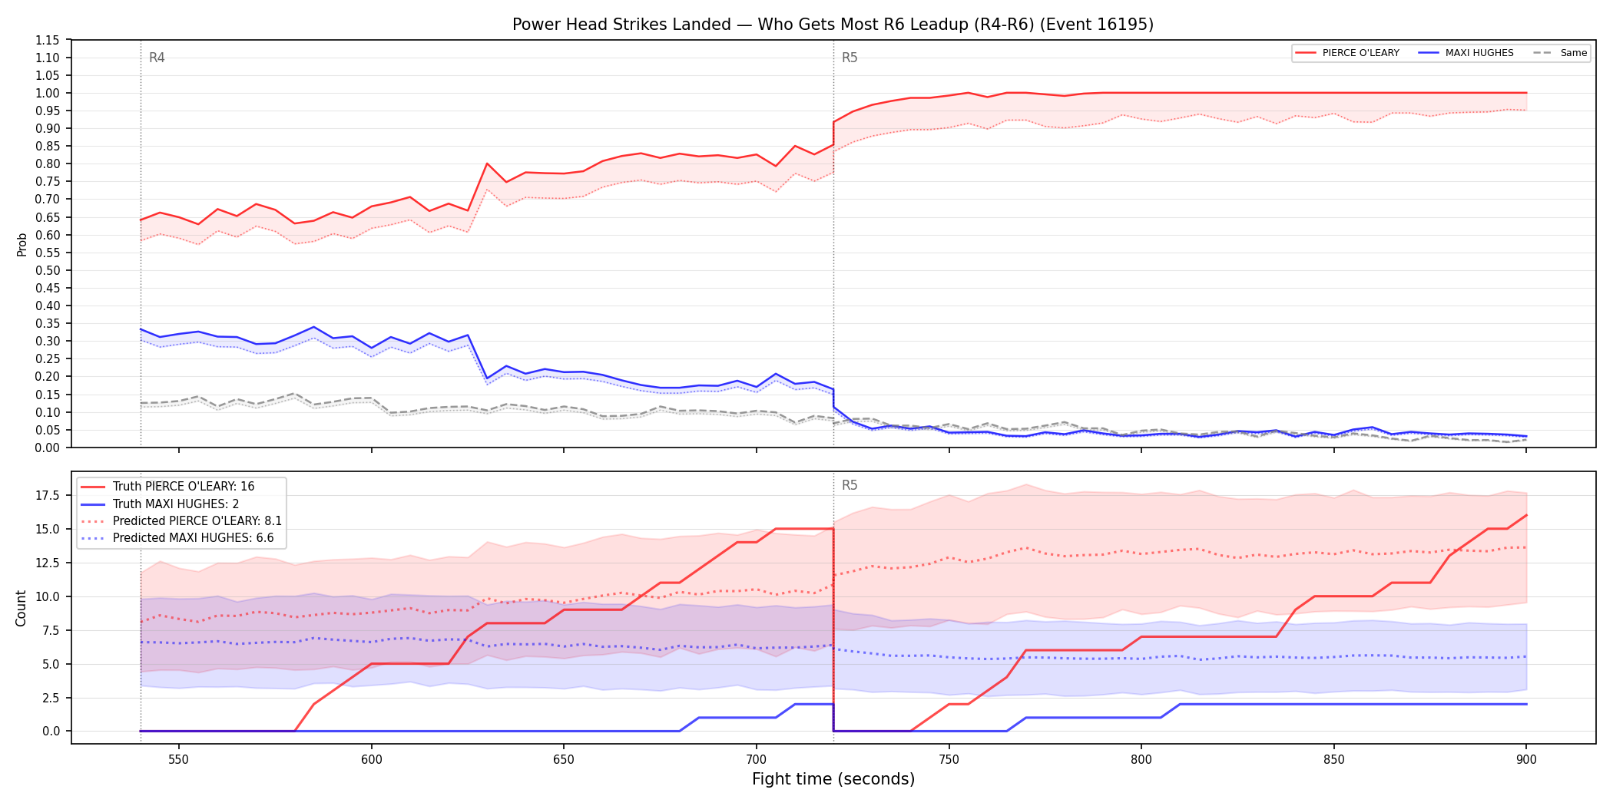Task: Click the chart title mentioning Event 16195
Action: point(833,25)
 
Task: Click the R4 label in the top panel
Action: point(157,58)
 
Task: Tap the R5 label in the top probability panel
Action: point(850,58)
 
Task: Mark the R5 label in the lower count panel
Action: point(850,485)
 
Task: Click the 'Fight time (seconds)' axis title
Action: point(833,779)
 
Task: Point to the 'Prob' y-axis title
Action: point(22,244)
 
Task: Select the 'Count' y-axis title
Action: point(21,608)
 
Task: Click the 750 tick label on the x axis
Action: point(949,759)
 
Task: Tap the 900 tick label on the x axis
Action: point(1526,759)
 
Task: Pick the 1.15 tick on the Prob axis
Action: point(48,40)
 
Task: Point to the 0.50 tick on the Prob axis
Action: point(48,270)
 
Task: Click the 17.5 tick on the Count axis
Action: point(48,495)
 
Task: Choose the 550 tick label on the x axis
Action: point(178,759)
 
